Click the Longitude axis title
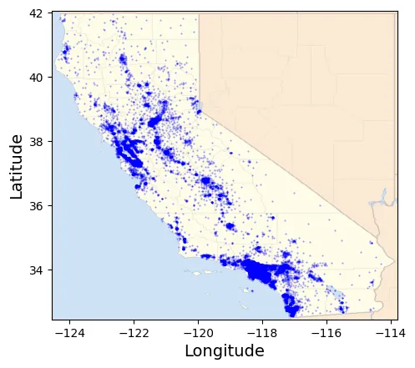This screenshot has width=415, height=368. click(x=224, y=351)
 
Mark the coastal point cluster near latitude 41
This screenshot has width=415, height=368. click(x=66, y=49)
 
